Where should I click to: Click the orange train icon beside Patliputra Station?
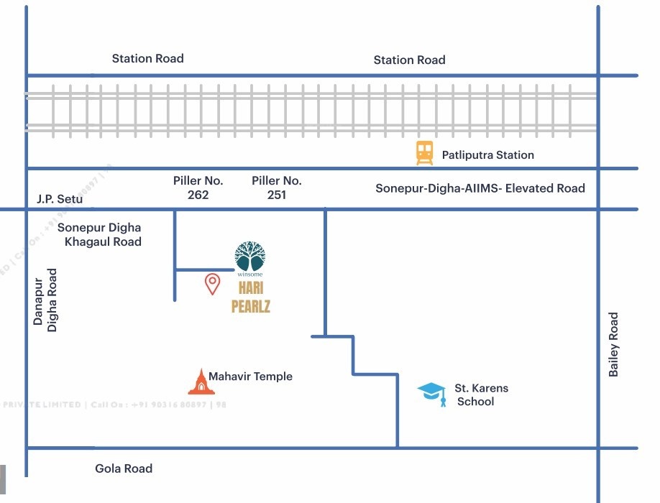(x=425, y=153)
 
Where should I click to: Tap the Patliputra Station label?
(x=487, y=154)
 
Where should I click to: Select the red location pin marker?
(x=212, y=283)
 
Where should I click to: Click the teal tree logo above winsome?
(x=250, y=254)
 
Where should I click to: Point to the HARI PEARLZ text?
(x=250, y=297)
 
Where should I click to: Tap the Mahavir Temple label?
(x=250, y=377)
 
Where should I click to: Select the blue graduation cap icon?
(x=431, y=393)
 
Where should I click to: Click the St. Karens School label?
(x=480, y=394)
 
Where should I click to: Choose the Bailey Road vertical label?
(x=613, y=344)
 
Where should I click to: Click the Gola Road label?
(x=124, y=469)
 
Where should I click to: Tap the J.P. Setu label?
(x=60, y=199)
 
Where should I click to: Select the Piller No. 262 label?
(x=198, y=188)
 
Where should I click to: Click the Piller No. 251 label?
(x=277, y=188)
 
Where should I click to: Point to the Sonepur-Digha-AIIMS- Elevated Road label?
(x=480, y=188)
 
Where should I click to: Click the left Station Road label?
(x=147, y=58)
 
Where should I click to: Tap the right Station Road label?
(x=409, y=60)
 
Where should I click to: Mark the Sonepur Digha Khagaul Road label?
(x=101, y=234)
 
